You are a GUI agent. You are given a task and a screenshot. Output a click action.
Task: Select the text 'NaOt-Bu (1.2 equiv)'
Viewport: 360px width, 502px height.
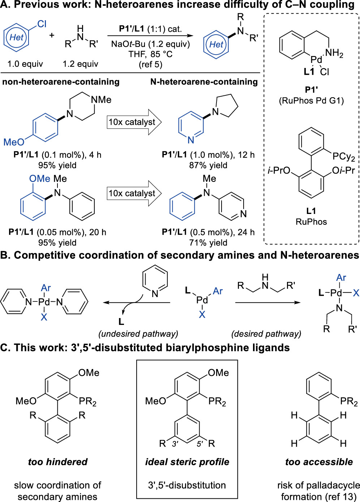tap(150, 44)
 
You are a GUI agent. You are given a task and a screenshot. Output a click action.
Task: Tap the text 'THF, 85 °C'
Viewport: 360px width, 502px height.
tap(150, 54)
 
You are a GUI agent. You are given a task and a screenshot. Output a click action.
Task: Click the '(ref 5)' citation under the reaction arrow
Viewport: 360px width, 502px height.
tap(150, 64)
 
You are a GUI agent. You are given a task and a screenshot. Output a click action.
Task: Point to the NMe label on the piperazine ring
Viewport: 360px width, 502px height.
tap(101, 100)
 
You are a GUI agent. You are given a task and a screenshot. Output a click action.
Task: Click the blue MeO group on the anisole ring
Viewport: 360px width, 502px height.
tap(14, 142)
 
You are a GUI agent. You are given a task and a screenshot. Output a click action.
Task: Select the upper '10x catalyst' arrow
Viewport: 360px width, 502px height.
tap(134, 122)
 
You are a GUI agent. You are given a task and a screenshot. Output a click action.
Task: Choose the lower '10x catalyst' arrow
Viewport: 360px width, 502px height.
tap(134, 193)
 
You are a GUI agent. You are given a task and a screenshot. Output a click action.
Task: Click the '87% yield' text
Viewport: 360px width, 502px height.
tap(208, 166)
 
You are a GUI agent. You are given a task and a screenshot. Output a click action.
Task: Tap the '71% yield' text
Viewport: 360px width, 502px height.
tap(208, 243)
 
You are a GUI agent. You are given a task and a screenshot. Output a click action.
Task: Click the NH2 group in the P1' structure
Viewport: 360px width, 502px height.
tap(334, 54)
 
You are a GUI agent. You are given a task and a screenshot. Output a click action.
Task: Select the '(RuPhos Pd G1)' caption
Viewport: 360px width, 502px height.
tap(311, 101)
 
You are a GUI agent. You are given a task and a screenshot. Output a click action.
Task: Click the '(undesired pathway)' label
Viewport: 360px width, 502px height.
tap(138, 334)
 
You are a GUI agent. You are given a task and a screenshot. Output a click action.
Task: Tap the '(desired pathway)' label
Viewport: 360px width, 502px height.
tap(266, 334)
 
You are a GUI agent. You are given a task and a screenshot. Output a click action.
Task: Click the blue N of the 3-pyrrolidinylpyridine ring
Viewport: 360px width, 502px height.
tap(191, 140)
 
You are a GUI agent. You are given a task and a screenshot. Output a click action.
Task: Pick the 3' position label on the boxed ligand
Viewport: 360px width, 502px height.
tap(175, 444)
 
